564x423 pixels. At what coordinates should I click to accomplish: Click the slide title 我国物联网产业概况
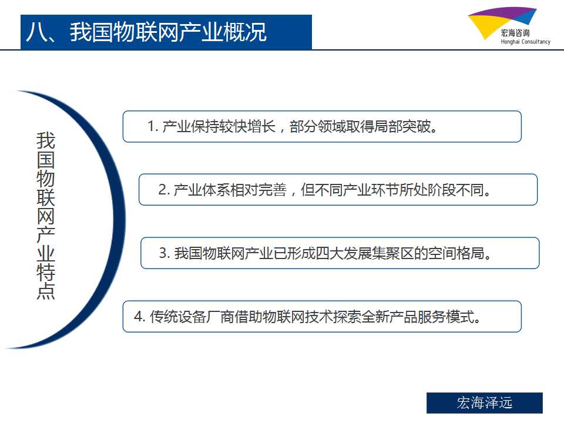tap(168, 32)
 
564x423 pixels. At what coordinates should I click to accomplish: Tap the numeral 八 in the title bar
tap(36, 32)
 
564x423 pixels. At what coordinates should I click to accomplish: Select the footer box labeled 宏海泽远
tap(485, 403)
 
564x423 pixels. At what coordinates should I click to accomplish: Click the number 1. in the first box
tap(153, 127)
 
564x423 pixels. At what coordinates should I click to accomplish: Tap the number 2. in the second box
tap(164, 190)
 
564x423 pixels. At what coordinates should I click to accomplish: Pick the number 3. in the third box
tap(164, 253)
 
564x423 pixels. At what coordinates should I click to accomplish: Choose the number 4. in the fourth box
tap(139, 317)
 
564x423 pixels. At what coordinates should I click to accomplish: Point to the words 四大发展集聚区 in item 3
tap(364, 253)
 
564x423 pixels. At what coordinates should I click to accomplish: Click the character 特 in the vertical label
tap(46, 273)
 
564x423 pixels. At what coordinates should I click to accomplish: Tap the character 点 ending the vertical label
tap(46, 291)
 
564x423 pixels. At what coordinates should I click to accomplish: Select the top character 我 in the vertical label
tap(46, 140)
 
